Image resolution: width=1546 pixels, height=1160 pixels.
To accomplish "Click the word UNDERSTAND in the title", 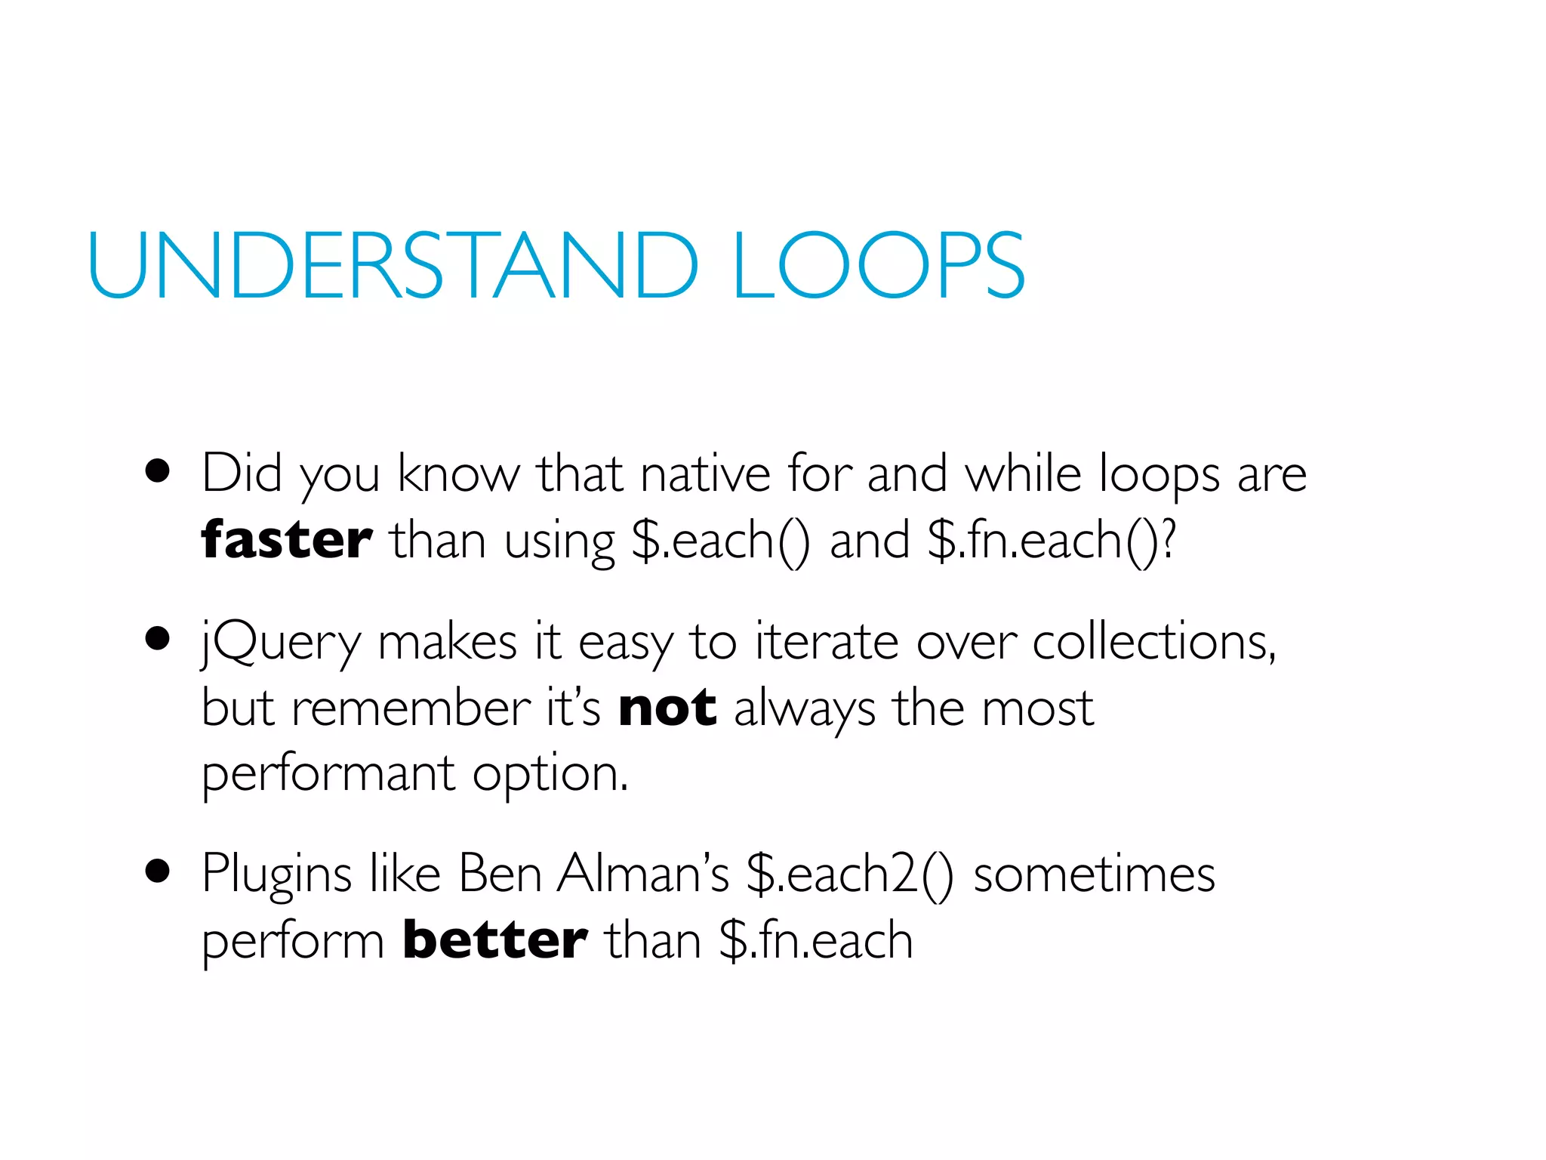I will tap(393, 266).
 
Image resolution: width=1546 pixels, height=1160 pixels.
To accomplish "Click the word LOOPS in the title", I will tap(878, 266).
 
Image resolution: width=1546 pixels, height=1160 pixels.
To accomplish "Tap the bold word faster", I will tap(286, 540).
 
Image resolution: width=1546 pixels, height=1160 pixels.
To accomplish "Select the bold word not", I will tap(667, 708).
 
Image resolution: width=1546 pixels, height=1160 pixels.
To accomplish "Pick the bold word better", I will tap(494, 940).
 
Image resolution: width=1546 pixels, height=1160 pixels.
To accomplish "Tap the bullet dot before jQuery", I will tap(157, 640).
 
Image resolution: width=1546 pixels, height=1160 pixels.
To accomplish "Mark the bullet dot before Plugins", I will tap(157, 872).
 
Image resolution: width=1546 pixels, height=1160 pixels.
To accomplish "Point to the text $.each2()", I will tap(849, 875).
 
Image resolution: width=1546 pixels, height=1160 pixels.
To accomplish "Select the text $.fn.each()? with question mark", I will tap(1052, 541).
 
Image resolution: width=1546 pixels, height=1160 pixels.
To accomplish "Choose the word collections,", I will tap(1154, 642).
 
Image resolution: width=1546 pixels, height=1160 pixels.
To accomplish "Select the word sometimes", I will tap(1094, 875).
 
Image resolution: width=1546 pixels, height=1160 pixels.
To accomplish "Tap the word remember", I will tap(411, 708).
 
